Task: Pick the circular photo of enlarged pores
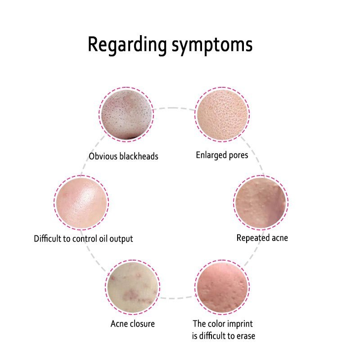click(x=222, y=113)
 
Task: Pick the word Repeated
click(x=252, y=238)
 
